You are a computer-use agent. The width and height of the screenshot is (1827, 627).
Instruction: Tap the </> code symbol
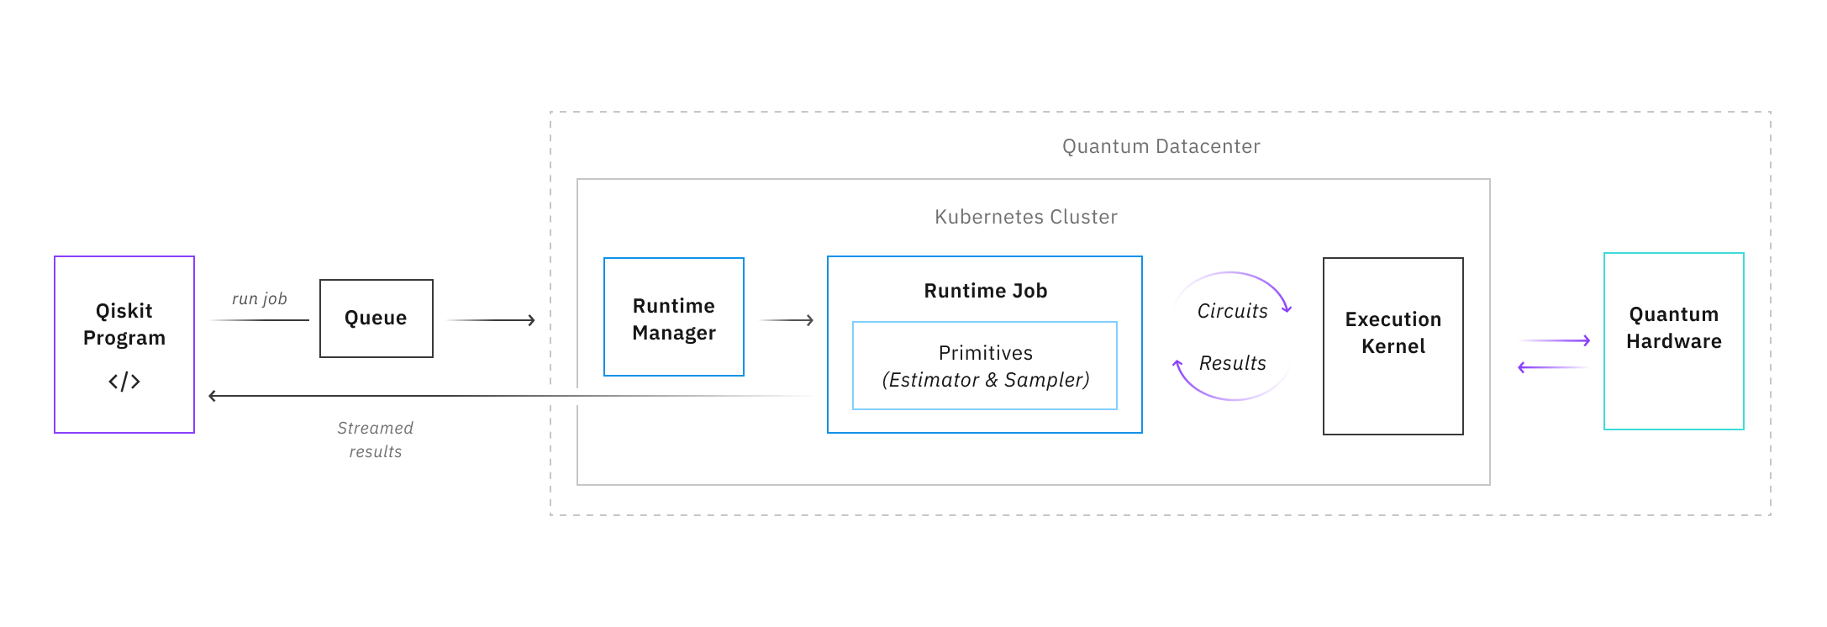pos(124,382)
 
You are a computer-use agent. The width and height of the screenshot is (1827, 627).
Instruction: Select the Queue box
pos(376,319)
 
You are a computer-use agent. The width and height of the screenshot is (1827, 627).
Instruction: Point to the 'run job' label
pos(259,298)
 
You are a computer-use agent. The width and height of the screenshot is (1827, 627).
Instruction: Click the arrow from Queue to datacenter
pos(491,320)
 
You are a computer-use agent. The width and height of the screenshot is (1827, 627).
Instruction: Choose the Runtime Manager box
pos(673,318)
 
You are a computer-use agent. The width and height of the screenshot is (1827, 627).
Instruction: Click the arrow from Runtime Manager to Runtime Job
pos(787,320)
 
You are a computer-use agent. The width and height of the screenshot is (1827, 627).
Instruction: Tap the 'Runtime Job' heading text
pos(985,291)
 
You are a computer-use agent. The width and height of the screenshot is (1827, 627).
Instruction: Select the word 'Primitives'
pos(985,353)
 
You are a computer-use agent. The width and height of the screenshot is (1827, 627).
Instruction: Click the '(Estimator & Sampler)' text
pos(985,380)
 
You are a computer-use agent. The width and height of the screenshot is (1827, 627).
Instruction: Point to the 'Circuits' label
pos(1231,311)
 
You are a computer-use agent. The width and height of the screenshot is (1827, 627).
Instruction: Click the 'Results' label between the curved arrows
pos(1231,363)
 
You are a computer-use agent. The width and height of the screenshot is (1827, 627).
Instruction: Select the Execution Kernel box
pos(1393,345)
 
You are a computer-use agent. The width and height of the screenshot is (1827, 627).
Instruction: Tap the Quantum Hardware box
pos(1673,340)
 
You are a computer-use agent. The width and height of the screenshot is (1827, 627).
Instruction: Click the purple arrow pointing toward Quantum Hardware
pos(1555,340)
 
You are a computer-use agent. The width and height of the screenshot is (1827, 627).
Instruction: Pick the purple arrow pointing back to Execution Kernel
pos(1553,367)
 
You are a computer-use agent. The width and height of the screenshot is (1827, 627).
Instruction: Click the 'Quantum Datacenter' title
pos(1161,146)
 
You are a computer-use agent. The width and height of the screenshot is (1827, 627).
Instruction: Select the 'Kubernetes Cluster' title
pos(1025,217)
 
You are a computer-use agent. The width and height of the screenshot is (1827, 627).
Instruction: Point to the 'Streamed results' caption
pos(375,440)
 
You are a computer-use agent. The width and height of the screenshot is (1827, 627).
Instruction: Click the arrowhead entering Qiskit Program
pos(213,396)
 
